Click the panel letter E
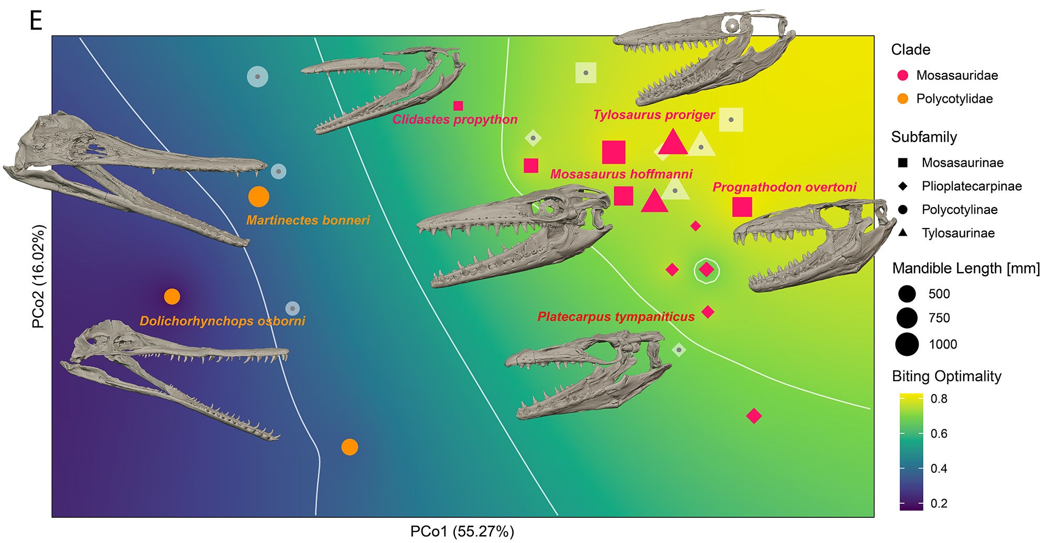coord(36,21)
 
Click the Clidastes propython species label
coord(454,120)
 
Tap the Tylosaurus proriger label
coord(653,115)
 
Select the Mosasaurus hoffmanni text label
coord(621,174)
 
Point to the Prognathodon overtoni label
coord(784,187)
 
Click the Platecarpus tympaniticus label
coord(616,317)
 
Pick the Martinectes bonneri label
coord(308,220)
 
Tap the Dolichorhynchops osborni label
coord(222,321)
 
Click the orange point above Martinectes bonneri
coord(259,197)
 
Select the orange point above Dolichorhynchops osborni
coord(172,297)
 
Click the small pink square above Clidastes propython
coord(458,106)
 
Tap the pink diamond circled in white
coord(707,270)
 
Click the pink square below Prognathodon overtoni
coord(742,207)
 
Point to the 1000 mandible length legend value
coord(943,344)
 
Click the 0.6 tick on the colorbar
coord(939,433)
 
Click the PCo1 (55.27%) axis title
coord(462,531)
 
